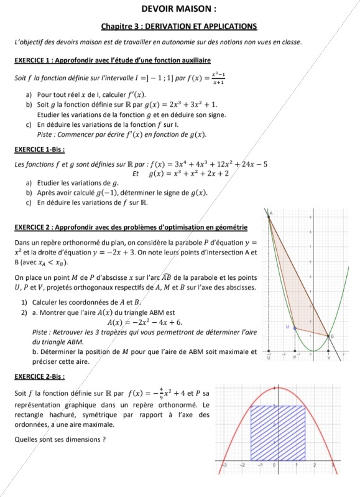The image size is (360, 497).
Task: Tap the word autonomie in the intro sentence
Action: pos(169,42)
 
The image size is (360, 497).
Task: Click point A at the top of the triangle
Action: pos(269,215)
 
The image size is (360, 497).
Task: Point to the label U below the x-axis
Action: pos(269,358)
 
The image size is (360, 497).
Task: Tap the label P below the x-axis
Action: pos(295,358)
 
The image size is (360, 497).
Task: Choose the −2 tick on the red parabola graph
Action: pos(243,465)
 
